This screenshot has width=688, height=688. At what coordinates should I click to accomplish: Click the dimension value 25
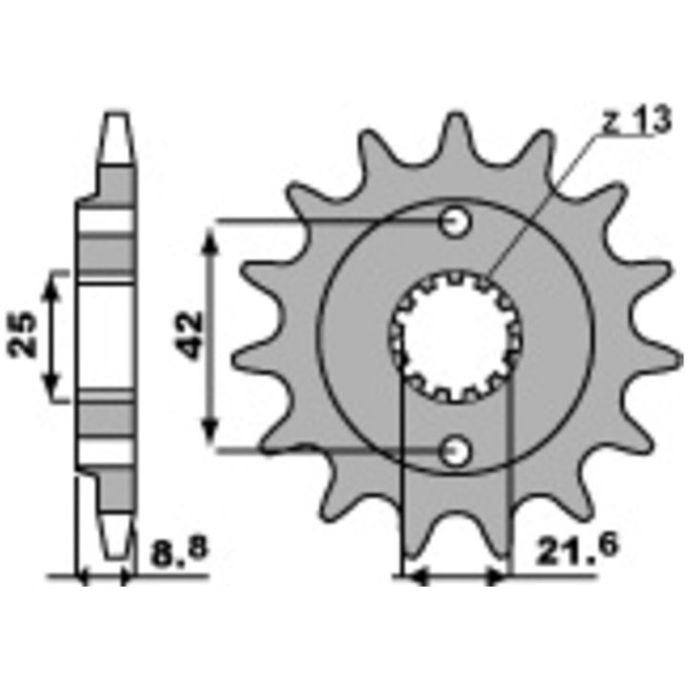point(22,334)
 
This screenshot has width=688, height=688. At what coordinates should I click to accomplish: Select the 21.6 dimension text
point(576,548)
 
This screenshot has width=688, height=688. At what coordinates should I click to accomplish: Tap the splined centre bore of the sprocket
point(456,337)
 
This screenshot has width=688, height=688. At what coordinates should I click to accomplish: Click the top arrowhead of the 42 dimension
point(210,241)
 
